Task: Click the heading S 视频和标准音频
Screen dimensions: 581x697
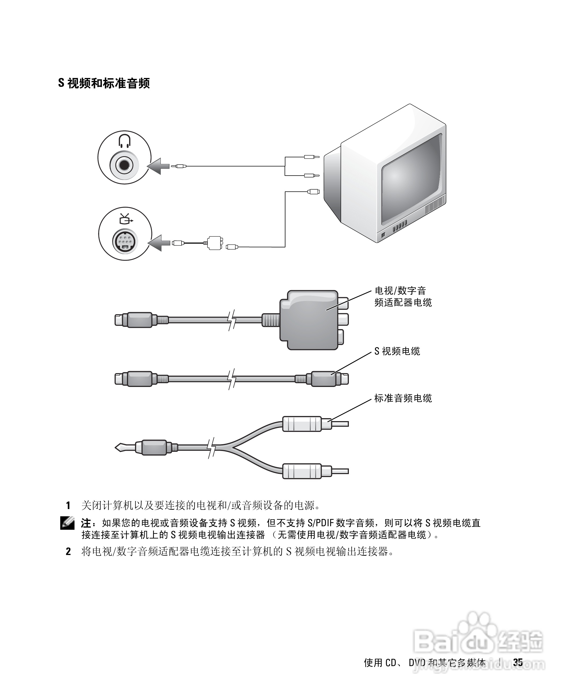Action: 104,83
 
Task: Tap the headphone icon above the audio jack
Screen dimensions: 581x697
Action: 125,141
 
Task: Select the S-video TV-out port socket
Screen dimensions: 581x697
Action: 125,241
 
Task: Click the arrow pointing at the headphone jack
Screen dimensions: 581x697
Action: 158,166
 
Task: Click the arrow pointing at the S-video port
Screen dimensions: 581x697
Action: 159,243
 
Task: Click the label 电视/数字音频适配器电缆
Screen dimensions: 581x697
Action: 403,296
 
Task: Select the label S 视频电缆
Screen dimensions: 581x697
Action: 397,351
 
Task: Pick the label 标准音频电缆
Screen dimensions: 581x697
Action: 403,398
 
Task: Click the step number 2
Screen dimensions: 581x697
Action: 68,552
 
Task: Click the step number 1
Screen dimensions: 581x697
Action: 68,506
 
